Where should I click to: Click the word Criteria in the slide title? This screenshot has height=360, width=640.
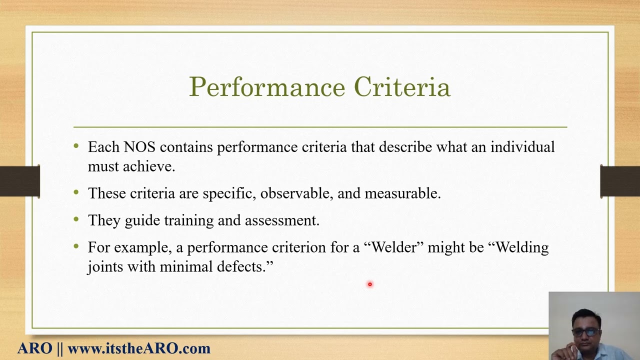tap(402, 87)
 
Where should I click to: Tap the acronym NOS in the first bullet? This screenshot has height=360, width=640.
tap(139, 147)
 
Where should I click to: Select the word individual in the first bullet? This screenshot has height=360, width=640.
tap(522, 147)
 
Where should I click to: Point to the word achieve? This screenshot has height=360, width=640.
tap(148, 166)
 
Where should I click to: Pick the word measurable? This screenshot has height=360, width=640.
tap(402, 193)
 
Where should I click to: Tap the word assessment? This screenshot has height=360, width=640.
tap(281, 220)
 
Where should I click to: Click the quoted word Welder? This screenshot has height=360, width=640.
tap(394, 247)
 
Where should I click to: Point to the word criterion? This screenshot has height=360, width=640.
tap(298, 247)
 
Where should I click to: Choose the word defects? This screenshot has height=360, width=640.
tap(244, 267)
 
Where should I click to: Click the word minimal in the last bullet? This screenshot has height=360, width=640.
tap(185, 267)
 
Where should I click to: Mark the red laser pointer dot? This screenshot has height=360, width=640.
tap(370, 284)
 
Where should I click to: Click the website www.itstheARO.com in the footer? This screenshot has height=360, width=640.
tap(138, 348)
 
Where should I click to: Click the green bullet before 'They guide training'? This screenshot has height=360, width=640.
tap(76, 219)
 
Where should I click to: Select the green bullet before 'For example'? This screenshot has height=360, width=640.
tap(76, 246)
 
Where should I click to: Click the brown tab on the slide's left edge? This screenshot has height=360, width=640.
tap(20, 181)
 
